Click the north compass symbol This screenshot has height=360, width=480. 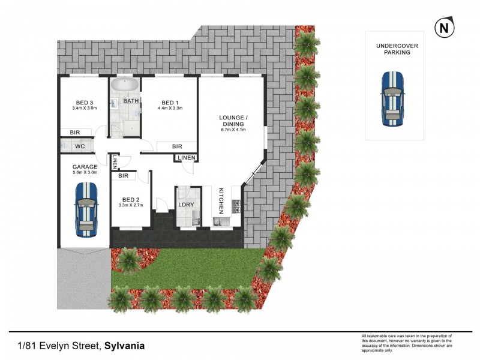[443, 28]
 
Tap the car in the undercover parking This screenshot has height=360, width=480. [394, 99]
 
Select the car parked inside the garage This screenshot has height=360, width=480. [85, 209]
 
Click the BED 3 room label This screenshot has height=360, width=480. [84, 101]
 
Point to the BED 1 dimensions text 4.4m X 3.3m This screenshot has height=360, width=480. [170, 109]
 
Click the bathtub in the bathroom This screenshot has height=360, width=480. [125, 85]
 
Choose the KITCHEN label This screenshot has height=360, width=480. [221, 200]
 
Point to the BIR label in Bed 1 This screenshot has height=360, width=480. [177, 146]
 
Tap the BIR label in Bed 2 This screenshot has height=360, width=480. [124, 176]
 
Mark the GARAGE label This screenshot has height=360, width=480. [85, 166]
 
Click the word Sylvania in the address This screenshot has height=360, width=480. [124, 346]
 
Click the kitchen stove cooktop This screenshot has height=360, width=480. [236, 207]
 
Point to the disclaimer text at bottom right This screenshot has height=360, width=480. [407, 343]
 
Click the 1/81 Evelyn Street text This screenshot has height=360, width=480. [59, 346]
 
